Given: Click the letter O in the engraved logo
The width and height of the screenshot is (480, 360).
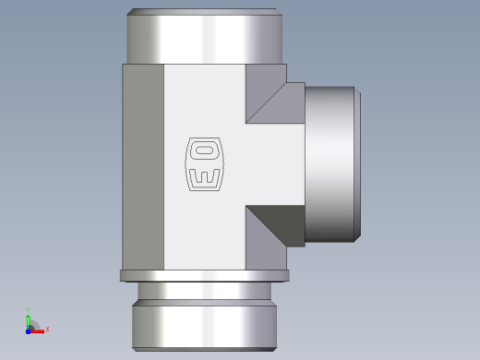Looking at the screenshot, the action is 205,150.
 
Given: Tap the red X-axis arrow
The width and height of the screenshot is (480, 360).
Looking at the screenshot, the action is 37,331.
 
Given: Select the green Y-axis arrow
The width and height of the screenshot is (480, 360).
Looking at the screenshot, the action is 29,322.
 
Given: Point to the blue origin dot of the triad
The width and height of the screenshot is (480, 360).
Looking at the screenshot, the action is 29,331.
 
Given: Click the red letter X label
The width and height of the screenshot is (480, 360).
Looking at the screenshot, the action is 47,330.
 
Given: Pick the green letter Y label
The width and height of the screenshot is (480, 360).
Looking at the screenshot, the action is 28,310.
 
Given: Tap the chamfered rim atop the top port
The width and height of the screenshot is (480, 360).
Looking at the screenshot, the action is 205,12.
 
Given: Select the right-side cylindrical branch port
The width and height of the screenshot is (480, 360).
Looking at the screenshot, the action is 330,164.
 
